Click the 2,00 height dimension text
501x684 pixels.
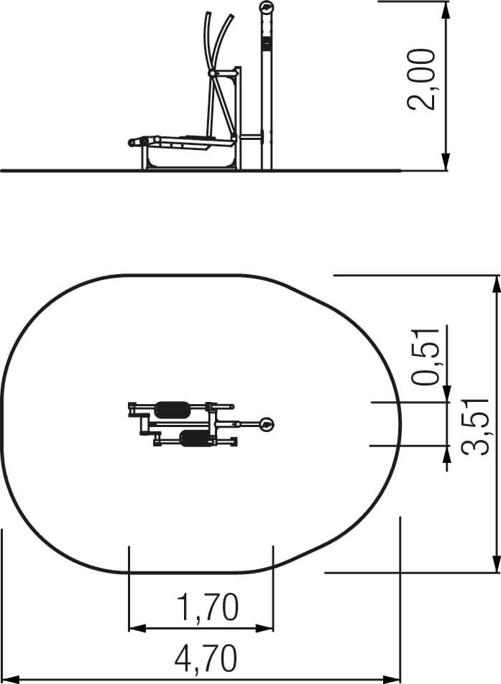[x=421, y=79]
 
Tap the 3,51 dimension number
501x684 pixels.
[x=475, y=427]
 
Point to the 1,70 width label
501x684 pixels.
[x=208, y=606]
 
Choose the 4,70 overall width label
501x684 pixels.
[x=206, y=659]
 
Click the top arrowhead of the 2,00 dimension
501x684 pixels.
[x=446, y=11]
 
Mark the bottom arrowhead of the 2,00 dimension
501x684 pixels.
[x=446, y=161]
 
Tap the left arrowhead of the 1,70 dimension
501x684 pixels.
[x=137, y=629]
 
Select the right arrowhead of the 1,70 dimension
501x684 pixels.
[x=265, y=629]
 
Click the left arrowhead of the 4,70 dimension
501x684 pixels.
[x=11, y=680]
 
